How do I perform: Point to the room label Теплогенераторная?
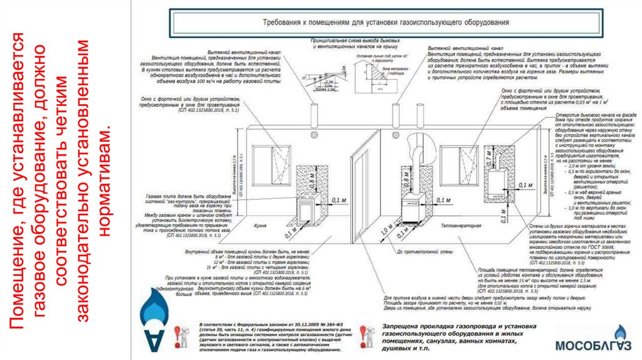[460, 224]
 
